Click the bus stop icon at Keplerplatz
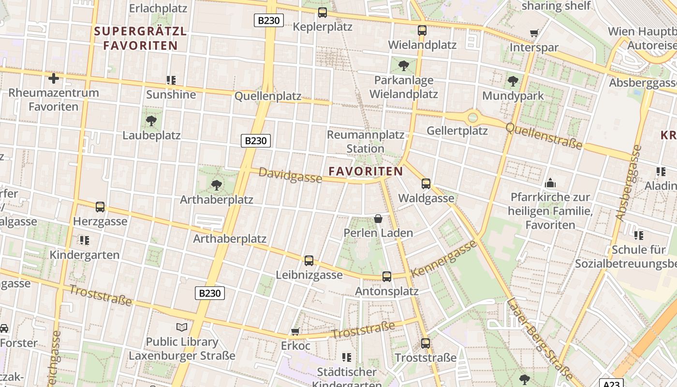pos(323,13)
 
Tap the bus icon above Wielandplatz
pos(422,30)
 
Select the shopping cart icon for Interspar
pos(534,33)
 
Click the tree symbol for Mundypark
pos(513,81)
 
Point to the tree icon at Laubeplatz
pos(151,120)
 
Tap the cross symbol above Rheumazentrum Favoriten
pos(54,78)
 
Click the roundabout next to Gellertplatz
pos(472,118)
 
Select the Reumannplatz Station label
pos(366,141)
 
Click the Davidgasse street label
pos(290,175)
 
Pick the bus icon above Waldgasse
pos(426,184)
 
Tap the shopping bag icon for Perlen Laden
pos(378,219)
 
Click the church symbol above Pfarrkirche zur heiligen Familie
pos(550,183)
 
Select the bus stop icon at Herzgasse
pos(100,207)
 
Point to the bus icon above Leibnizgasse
pos(309,261)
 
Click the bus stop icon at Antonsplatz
pos(387,277)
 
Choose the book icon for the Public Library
pos(182,327)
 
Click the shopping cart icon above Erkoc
pos(295,332)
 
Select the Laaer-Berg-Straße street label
pos(541,339)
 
